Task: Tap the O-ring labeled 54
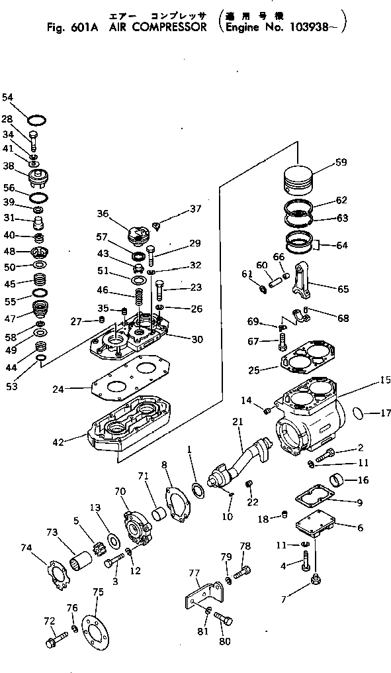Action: pos(38,120)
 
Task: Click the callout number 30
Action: pos(197,338)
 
